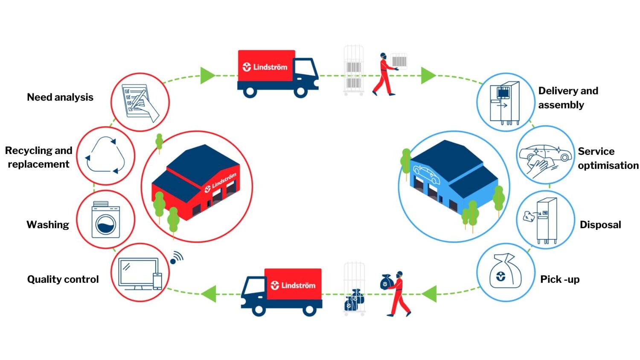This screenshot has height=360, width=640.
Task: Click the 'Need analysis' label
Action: click(x=60, y=97)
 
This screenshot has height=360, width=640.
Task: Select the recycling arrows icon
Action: click(x=105, y=155)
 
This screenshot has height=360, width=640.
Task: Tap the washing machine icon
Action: click(x=106, y=220)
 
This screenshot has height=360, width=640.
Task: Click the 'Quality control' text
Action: click(x=63, y=279)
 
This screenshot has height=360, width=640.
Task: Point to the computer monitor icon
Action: click(x=137, y=273)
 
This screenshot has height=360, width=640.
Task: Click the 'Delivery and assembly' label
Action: click(x=567, y=98)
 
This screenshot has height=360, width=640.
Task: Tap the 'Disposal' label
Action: click(x=600, y=225)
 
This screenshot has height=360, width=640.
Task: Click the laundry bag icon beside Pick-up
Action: click(x=505, y=273)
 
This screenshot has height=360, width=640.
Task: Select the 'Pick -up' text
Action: click(x=560, y=279)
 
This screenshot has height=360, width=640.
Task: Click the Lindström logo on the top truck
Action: click(x=265, y=67)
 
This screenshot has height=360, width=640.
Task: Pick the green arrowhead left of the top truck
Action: click(x=207, y=75)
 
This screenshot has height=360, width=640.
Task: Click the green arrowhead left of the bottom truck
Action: click(x=209, y=294)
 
